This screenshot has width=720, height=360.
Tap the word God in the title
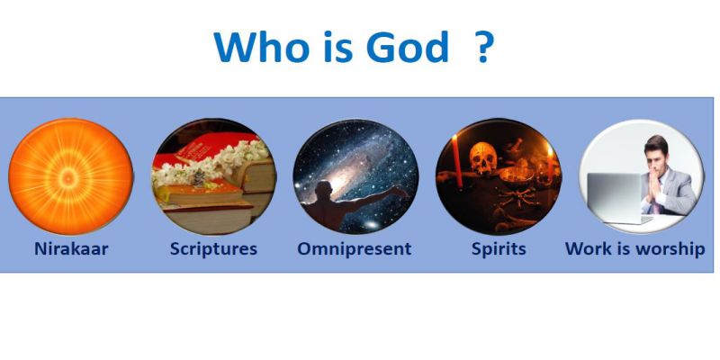coord(408,47)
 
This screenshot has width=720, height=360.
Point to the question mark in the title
coord(483,47)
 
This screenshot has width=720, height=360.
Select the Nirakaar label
coord(71,249)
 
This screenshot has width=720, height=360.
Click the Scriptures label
coord(213,249)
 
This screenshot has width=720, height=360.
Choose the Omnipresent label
coord(354,249)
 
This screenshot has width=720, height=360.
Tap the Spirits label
coord(499,249)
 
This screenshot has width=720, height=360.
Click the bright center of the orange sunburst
coord(69,175)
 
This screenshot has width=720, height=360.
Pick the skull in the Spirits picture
coord(483,158)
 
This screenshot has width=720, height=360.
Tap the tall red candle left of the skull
coord(458,160)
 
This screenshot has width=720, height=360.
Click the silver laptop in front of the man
coord(618,198)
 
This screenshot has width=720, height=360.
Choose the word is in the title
coord(338,47)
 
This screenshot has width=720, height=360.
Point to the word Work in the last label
coord(588,249)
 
